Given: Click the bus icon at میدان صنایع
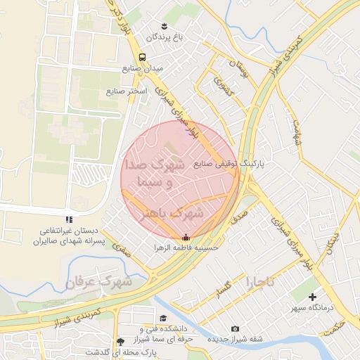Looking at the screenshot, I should (x=143, y=57).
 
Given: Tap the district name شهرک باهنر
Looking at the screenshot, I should (x=179, y=212).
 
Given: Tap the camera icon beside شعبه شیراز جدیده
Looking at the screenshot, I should (x=235, y=328).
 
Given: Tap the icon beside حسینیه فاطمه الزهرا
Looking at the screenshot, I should (x=186, y=237).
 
